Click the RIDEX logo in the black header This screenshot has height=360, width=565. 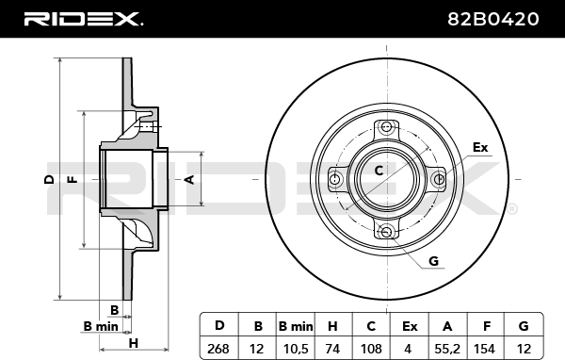pyautogui.click(x=83, y=19)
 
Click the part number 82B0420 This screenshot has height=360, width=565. pyautogui.click(x=492, y=19)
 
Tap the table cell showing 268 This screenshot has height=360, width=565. pyautogui.click(x=218, y=349)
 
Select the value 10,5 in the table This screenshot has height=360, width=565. pyautogui.click(x=296, y=349)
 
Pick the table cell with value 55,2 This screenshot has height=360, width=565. pyautogui.click(x=447, y=349)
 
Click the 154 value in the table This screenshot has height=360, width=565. pyautogui.click(x=485, y=349)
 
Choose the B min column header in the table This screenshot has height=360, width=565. pyautogui.click(x=296, y=326)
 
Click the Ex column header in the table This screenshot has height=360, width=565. pyautogui.click(x=410, y=326)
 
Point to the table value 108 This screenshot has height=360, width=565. pyautogui.click(x=371, y=349)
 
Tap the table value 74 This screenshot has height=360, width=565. pyautogui.click(x=332, y=349)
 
